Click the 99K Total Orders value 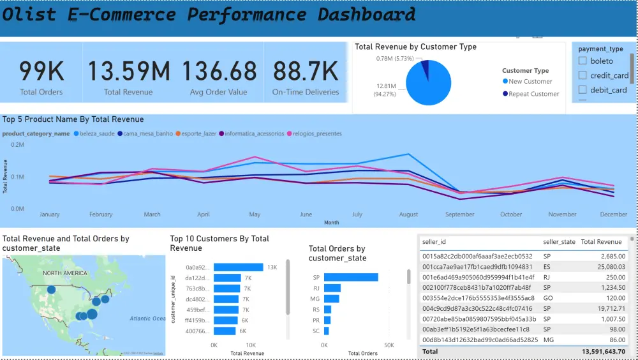coord(41,71)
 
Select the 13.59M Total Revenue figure coord(128,71)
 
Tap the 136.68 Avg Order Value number coord(218,71)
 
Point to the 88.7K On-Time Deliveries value coord(305,71)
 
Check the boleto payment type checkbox coord(582,61)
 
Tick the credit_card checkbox coord(582,75)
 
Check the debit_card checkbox coord(582,90)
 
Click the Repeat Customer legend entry coord(534,94)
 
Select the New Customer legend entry coord(530,82)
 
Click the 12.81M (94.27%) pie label coord(383,89)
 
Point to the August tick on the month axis coord(408,214)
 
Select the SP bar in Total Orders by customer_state coord(351,277)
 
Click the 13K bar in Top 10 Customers coord(239,267)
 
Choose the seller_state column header coord(559,242)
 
